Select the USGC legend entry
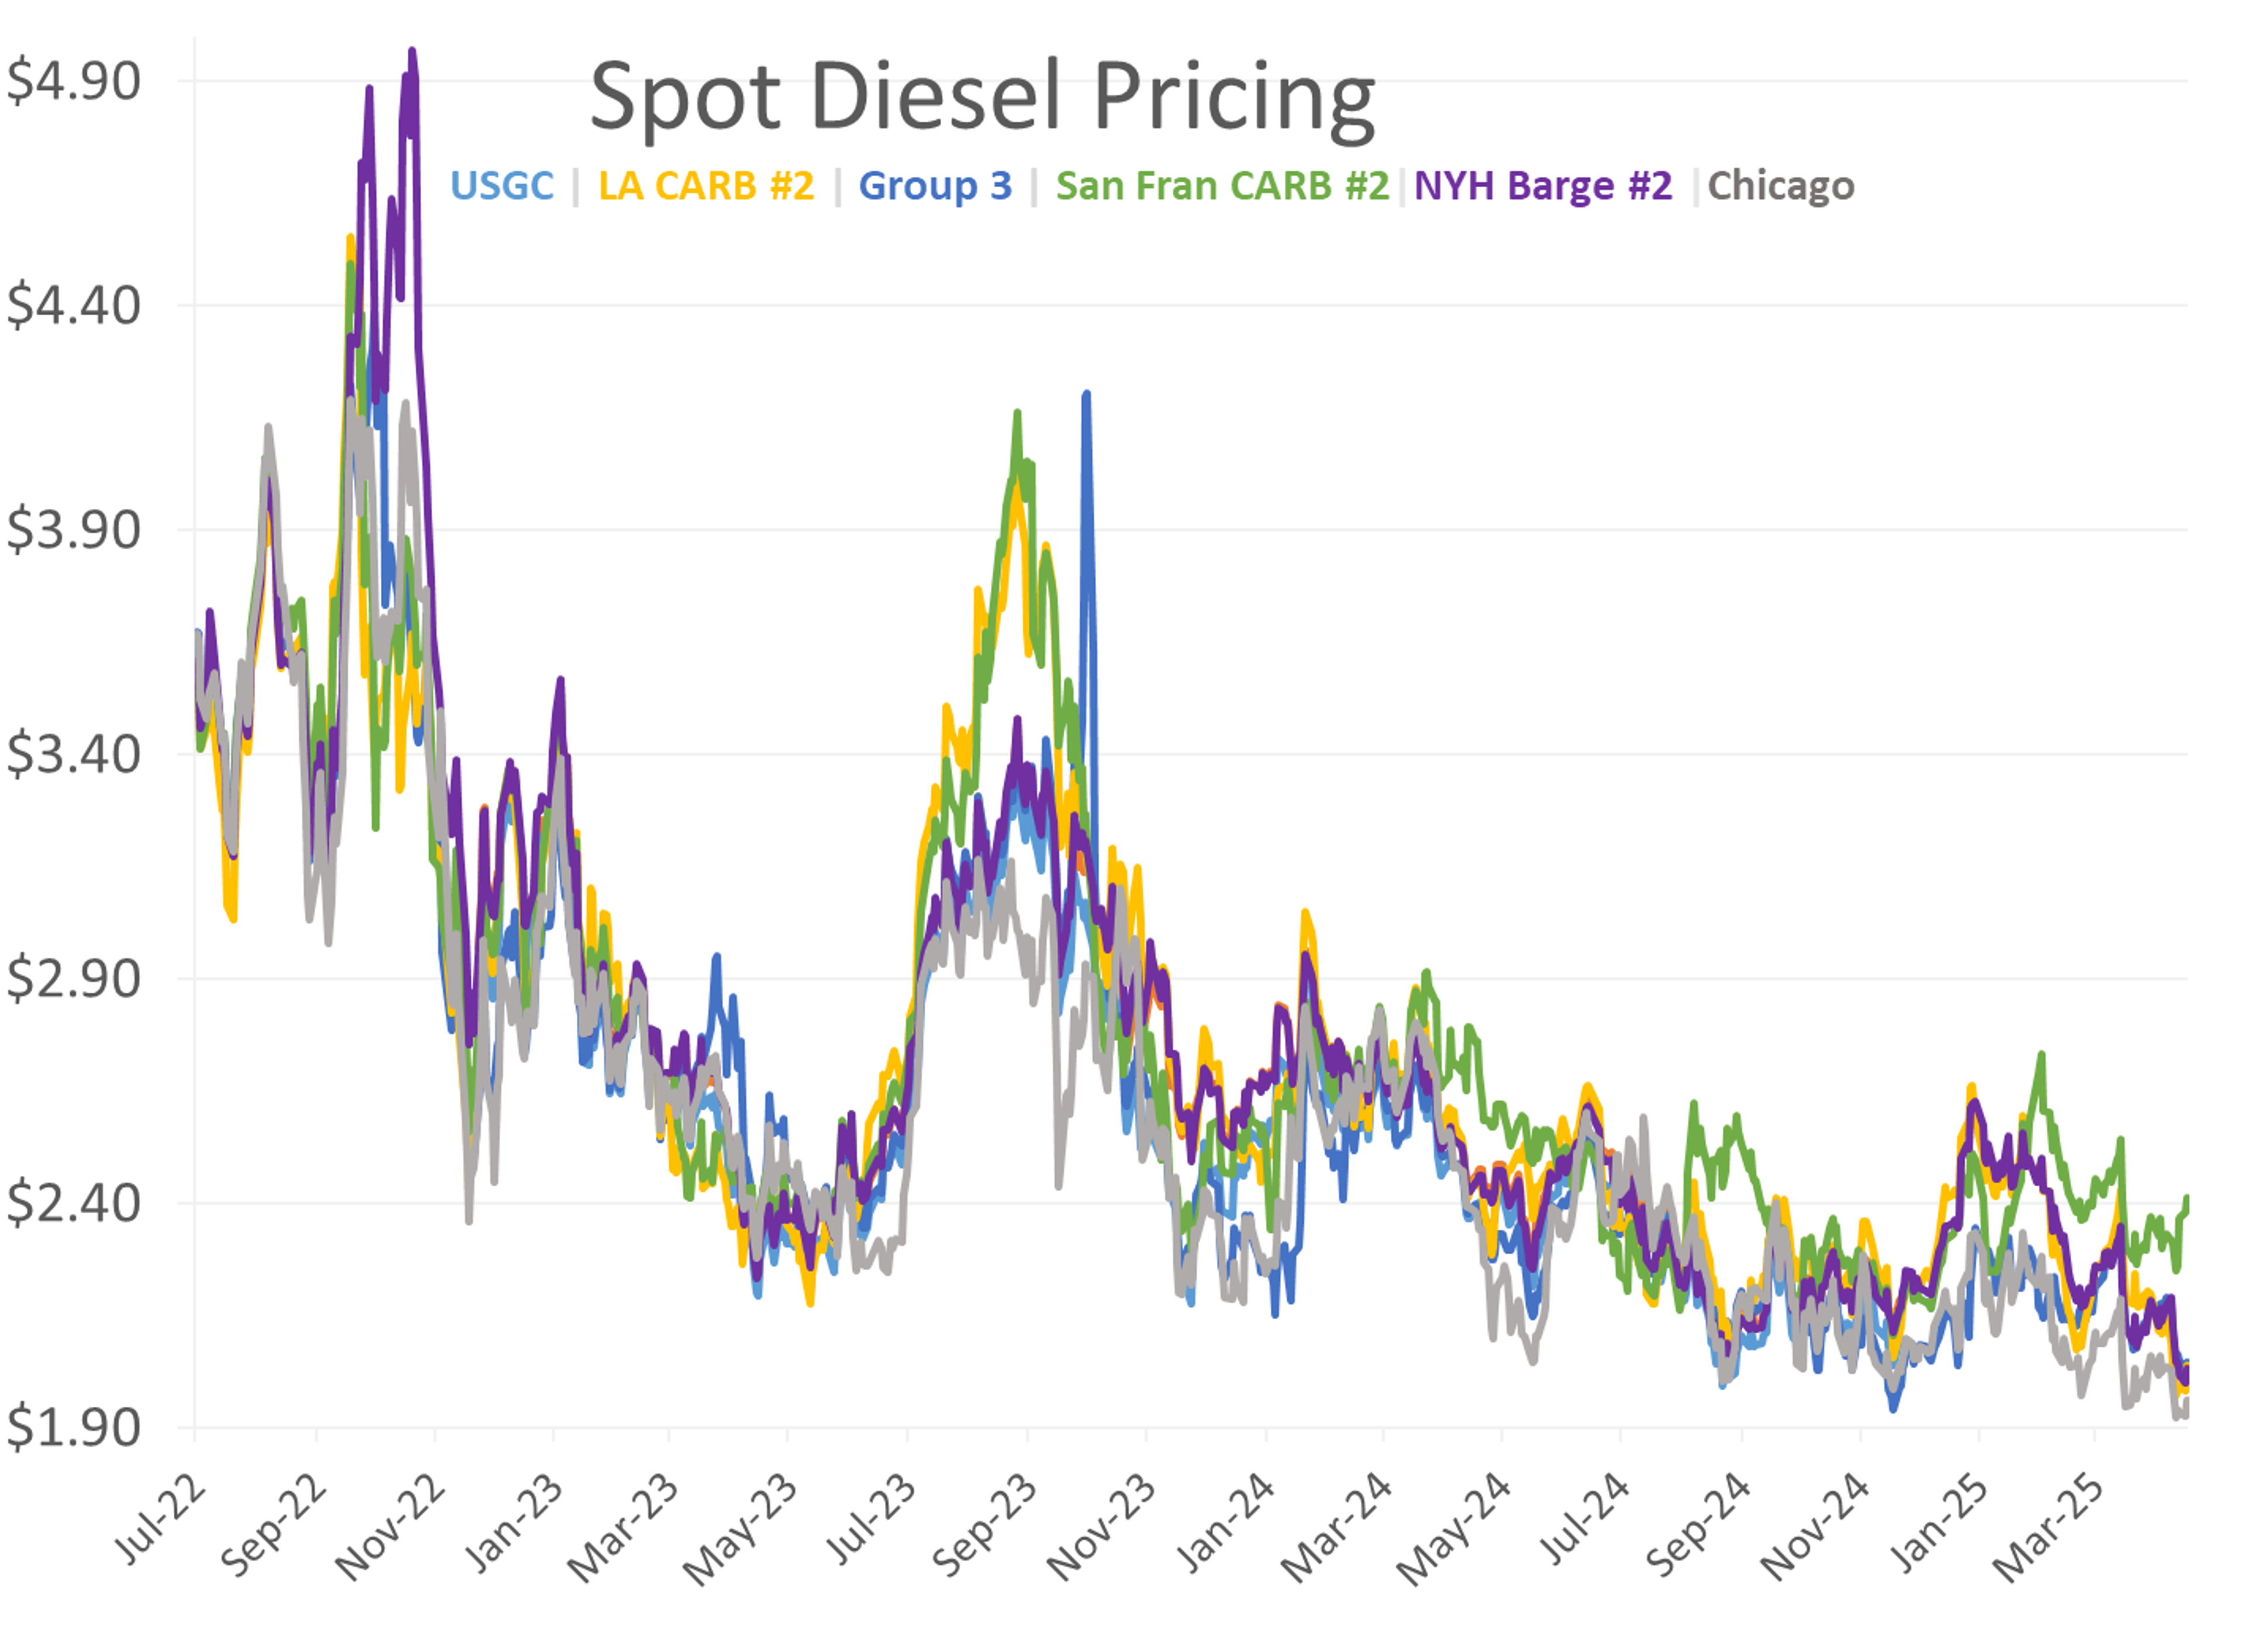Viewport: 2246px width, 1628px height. [501, 186]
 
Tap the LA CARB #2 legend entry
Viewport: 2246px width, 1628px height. [706, 186]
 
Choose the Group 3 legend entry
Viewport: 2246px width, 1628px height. [935, 186]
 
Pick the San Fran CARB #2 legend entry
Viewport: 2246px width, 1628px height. [1222, 186]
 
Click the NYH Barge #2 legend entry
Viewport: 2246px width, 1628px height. [1542, 186]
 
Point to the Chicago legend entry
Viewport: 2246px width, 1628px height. [1780, 186]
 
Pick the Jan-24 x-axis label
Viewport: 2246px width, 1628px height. [1224, 1522]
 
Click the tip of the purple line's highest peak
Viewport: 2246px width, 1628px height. [412, 50]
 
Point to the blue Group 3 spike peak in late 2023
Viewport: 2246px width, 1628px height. [1086, 394]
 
